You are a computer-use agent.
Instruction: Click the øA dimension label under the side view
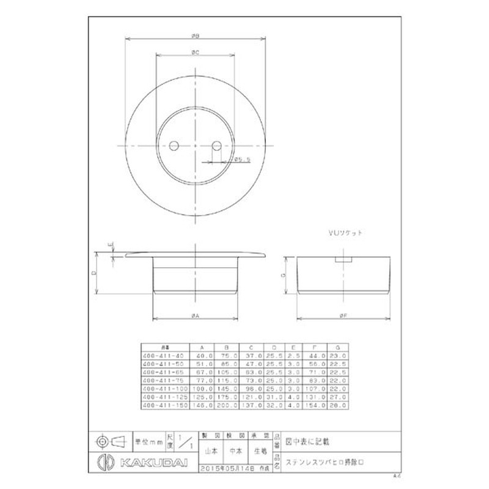(194, 315)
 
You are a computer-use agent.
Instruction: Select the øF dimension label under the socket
(344, 315)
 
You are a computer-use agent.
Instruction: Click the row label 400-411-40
(162, 355)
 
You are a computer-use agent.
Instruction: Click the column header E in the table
(294, 346)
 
